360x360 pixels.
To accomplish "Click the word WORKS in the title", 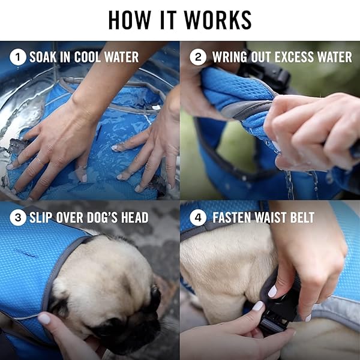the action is pyautogui.click(x=218, y=20).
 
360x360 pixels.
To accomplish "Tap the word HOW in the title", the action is pyautogui.click(x=130, y=20).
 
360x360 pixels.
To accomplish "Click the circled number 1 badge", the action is pyautogui.click(x=18, y=57).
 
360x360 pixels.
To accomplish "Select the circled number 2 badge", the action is pyautogui.click(x=198, y=57).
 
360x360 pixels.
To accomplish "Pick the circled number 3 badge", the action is pyautogui.click(x=18, y=217).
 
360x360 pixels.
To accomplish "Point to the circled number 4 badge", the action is pyautogui.click(x=198, y=217).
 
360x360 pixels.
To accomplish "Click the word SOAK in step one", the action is pyautogui.click(x=43, y=57).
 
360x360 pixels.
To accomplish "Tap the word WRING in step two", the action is pyautogui.click(x=230, y=57).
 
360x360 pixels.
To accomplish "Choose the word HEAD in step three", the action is pyautogui.click(x=135, y=217).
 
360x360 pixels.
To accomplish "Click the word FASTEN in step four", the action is pyautogui.click(x=232, y=217).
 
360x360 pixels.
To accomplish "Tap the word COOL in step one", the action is pyautogui.click(x=87, y=57).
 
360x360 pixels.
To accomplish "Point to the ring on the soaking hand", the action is pyautogui.click(x=40, y=160).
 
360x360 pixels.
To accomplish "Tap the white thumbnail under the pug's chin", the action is pyautogui.click(x=44, y=319).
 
